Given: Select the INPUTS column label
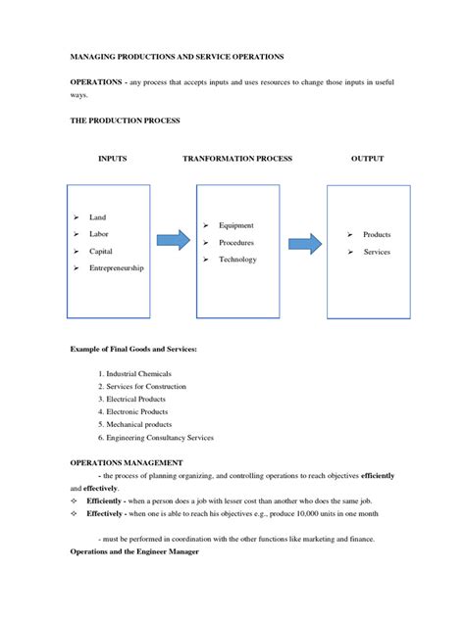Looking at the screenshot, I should tap(113, 158).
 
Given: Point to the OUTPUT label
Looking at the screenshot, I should tap(368, 158).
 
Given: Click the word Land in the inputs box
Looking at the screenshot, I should tap(97, 217).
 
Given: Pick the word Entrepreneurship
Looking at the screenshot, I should tap(117, 267).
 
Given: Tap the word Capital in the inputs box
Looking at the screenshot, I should tap(101, 251).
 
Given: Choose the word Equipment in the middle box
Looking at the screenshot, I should tap(236, 225).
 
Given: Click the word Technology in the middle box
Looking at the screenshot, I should tap(238, 260).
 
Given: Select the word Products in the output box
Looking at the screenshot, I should tap(377, 235).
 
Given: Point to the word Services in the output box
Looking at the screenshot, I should tap(377, 252).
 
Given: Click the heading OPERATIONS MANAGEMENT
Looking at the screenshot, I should tap(125, 462).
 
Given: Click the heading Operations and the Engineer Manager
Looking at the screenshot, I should tap(134, 552).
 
